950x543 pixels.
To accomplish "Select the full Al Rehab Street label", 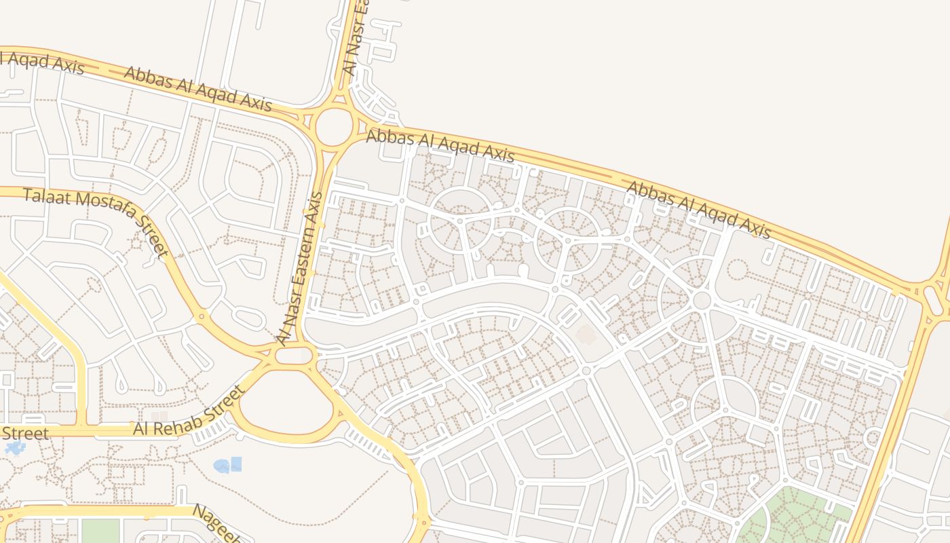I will tap(188, 411).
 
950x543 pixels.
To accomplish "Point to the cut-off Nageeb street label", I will tap(216, 523).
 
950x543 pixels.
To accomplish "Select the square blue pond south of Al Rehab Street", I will tap(235, 464).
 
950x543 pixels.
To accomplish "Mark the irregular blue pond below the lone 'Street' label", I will tap(14, 447).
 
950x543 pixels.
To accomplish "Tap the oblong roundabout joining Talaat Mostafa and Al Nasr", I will tap(294, 355).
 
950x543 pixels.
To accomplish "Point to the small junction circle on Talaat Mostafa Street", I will tap(200, 316).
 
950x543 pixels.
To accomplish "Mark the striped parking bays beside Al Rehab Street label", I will tap(212, 430).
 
